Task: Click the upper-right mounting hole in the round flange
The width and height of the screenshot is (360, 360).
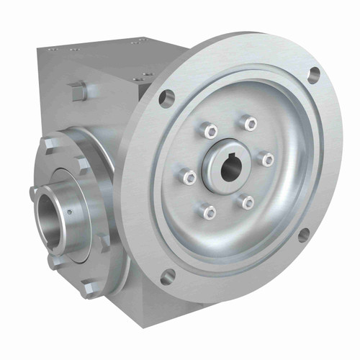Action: click(314, 73)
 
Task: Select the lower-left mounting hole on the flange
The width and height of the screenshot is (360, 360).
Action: click(167, 274)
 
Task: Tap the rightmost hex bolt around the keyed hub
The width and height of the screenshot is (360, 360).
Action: click(268, 159)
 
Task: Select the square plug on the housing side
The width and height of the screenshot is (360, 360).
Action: click(78, 90)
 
